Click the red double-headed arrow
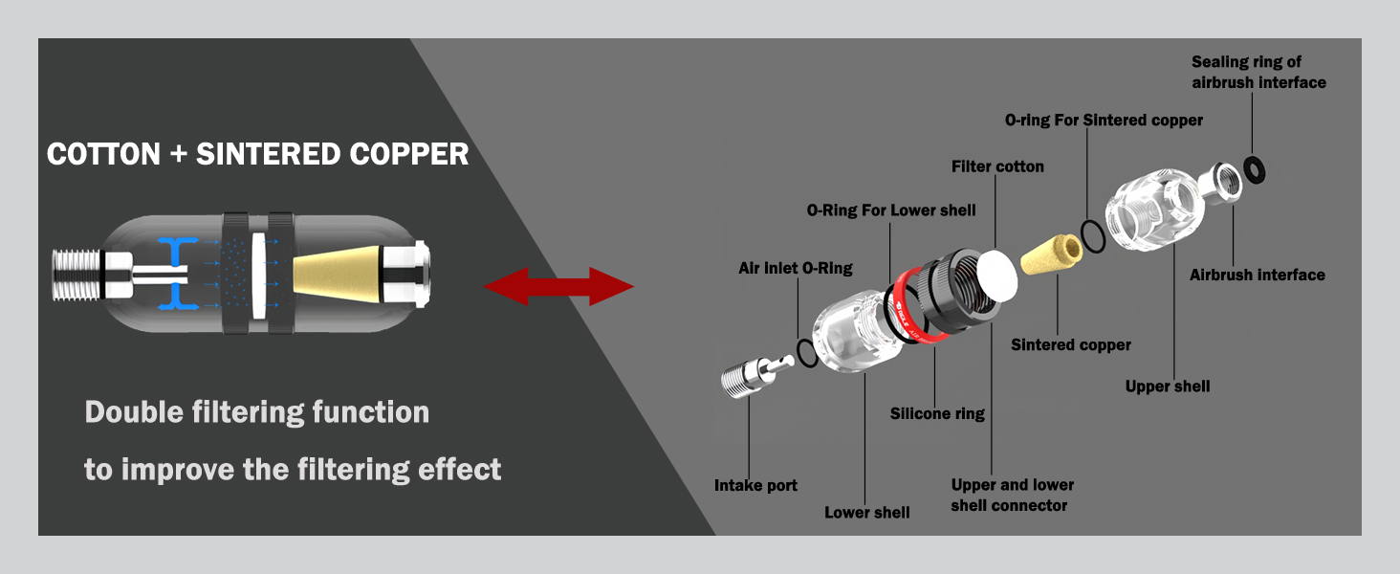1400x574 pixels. pyautogui.click(x=559, y=286)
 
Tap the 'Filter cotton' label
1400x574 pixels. pyautogui.click(x=997, y=166)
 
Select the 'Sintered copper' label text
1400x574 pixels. pyautogui.click(x=1071, y=344)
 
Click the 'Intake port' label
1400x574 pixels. pyautogui.click(x=755, y=485)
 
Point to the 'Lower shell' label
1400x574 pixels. pyautogui.click(x=866, y=512)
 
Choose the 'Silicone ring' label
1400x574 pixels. pyautogui.click(x=937, y=413)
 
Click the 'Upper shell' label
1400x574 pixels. pyautogui.click(x=1168, y=386)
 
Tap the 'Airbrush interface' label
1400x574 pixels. pyautogui.click(x=1257, y=275)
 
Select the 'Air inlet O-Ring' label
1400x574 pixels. pyautogui.click(x=795, y=268)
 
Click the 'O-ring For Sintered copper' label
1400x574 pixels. pyautogui.click(x=1104, y=121)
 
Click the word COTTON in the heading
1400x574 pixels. pyautogui.click(x=103, y=154)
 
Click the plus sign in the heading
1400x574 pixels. pyautogui.click(x=178, y=155)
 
